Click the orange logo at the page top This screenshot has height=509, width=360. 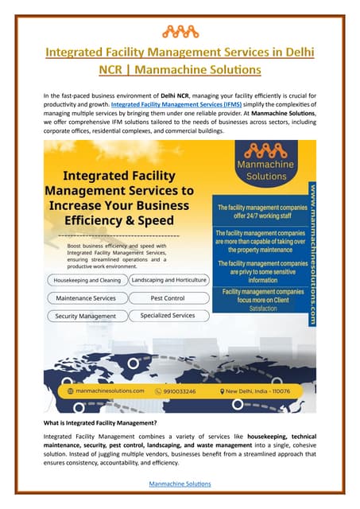[180, 32]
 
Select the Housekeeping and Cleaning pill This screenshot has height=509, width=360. [87, 281]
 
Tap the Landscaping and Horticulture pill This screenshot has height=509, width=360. [168, 280]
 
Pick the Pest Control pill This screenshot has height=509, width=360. [168, 298]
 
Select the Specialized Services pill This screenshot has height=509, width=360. [168, 316]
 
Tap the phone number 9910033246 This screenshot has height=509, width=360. [184, 391]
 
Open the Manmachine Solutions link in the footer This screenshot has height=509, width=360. [180, 483]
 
